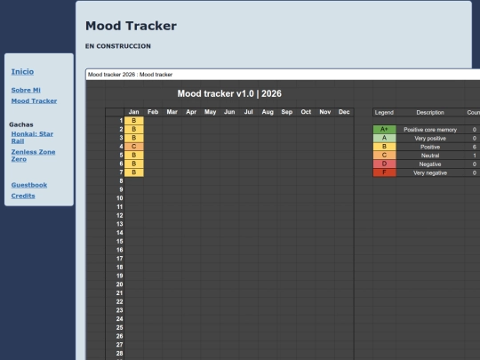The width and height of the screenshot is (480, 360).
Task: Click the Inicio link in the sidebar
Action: pos(23,71)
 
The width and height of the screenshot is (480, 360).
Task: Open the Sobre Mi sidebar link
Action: pos(26,90)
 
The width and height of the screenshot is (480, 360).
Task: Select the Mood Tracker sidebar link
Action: pos(34,100)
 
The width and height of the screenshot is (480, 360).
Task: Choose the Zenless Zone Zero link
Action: pos(31,155)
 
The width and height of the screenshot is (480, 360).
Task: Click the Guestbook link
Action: pos(29,184)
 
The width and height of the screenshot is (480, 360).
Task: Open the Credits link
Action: pos(23,196)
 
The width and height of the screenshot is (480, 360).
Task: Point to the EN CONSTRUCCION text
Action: pos(118,46)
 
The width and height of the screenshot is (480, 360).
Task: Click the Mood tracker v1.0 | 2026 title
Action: pos(229,93)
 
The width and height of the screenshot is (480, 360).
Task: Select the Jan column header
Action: pos(133,112)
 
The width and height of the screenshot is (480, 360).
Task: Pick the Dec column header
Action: pos(344,112)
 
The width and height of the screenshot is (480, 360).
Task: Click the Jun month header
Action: pos(229,112)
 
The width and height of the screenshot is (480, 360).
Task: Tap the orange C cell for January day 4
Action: pos(133,147)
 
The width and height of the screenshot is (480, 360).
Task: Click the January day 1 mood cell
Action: pos(133,120)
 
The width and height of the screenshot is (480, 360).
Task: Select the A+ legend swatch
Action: pos(384,130)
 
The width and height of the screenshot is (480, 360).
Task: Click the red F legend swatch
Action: pos(384,172)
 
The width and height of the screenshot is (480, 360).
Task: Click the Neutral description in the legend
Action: pos(430,156)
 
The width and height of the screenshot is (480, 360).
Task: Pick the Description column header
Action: pos(430,113)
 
